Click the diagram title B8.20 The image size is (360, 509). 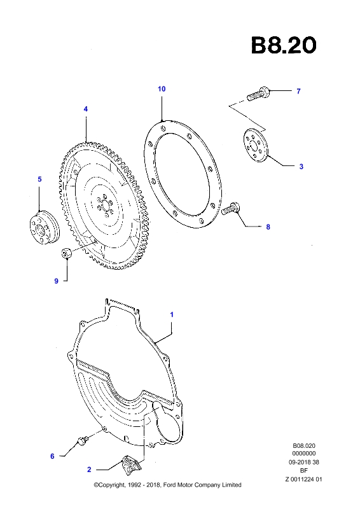(x=284, y=45)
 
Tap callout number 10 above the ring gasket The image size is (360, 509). (x=162, y=89)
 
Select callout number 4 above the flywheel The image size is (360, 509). (x=86, y=109)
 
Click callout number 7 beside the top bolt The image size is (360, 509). (x=299, y=91)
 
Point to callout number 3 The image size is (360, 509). (x=301, y=167)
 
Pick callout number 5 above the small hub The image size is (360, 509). (x=39, y=179)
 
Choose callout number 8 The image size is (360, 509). (x=268, y=227)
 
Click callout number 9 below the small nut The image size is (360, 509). (x=56, y=281)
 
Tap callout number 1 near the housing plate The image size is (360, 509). (x=172, y=314)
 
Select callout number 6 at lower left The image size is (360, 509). (x=52, y=456)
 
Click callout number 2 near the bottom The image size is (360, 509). (x=89, y=470)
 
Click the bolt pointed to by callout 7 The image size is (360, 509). (x=258, y=94)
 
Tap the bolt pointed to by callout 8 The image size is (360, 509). (x=231, y=209)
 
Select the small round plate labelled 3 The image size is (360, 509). (x=256, y=145)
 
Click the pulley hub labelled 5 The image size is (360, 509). (x=44, y=227)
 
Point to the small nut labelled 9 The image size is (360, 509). (x=67, y=253)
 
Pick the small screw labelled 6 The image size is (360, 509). (x=83, y=440)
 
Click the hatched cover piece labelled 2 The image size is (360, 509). (x=132, y=463)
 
